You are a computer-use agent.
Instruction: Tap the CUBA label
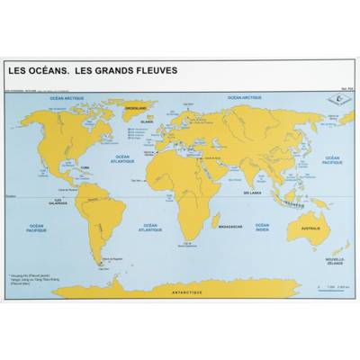click(x=87, y=166)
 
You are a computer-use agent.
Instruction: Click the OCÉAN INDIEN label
click(x=261, y=228)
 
